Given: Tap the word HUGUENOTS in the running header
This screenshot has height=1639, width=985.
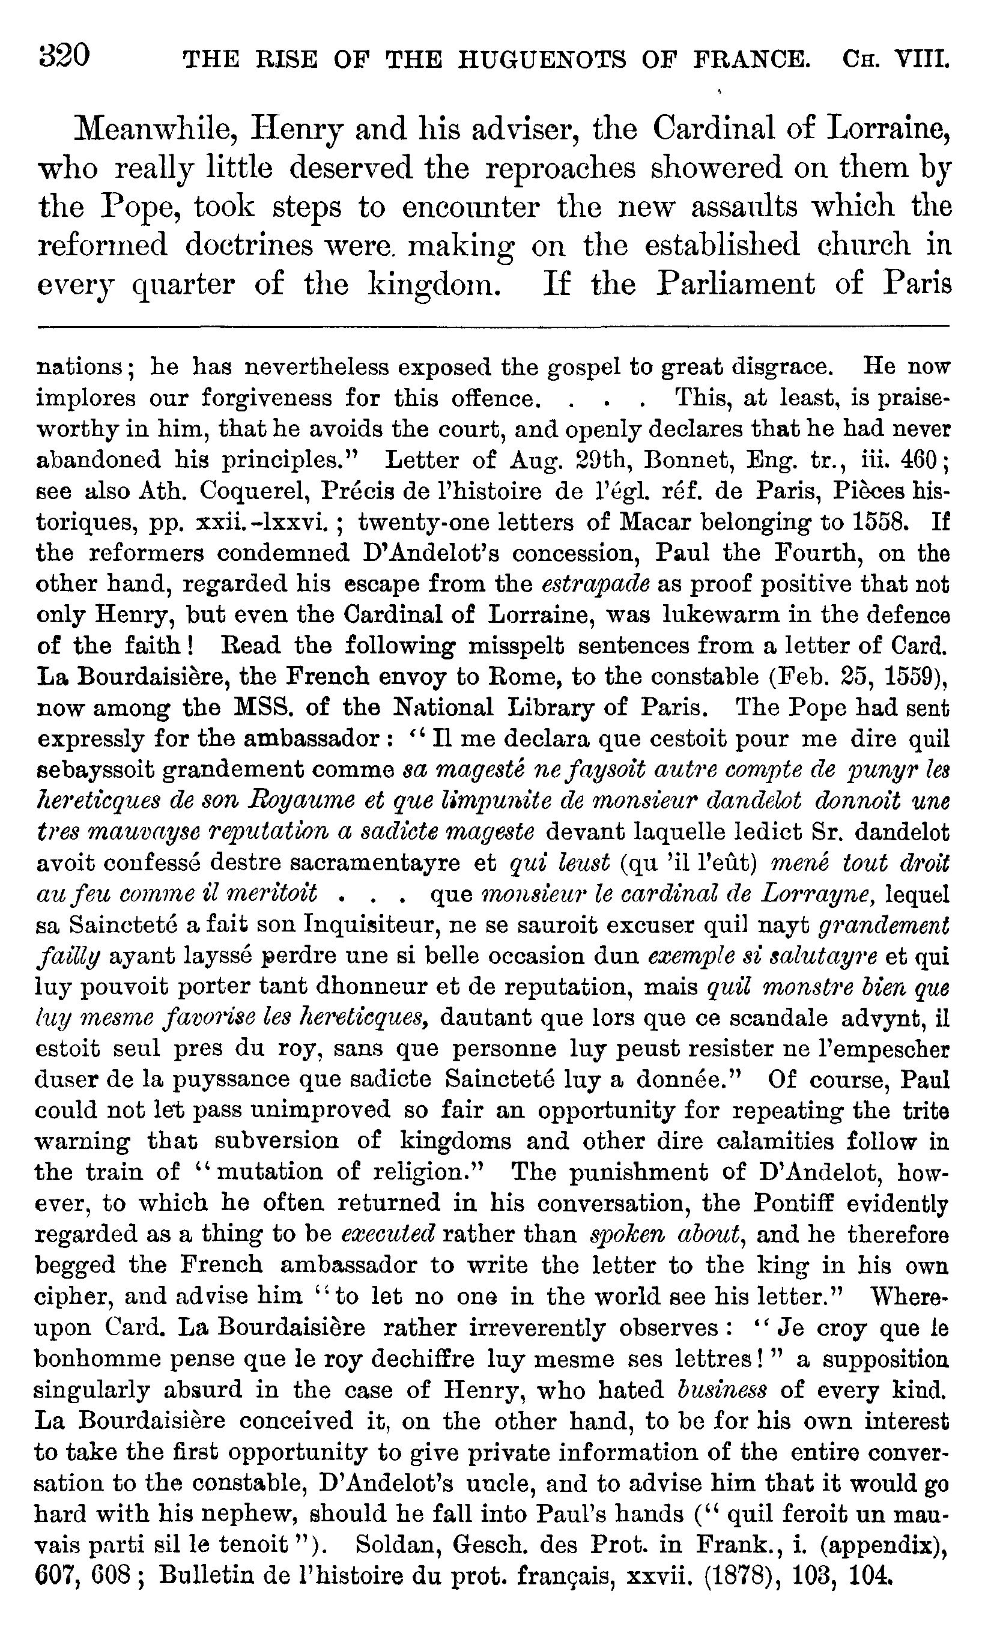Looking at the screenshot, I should pyautogui.click(x=542, y=61).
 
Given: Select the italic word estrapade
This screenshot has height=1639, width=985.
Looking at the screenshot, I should pyautogui.click(x=596, y=584).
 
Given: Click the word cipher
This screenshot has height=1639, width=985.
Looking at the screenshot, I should pyautogui.click(x=72, y=1297).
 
